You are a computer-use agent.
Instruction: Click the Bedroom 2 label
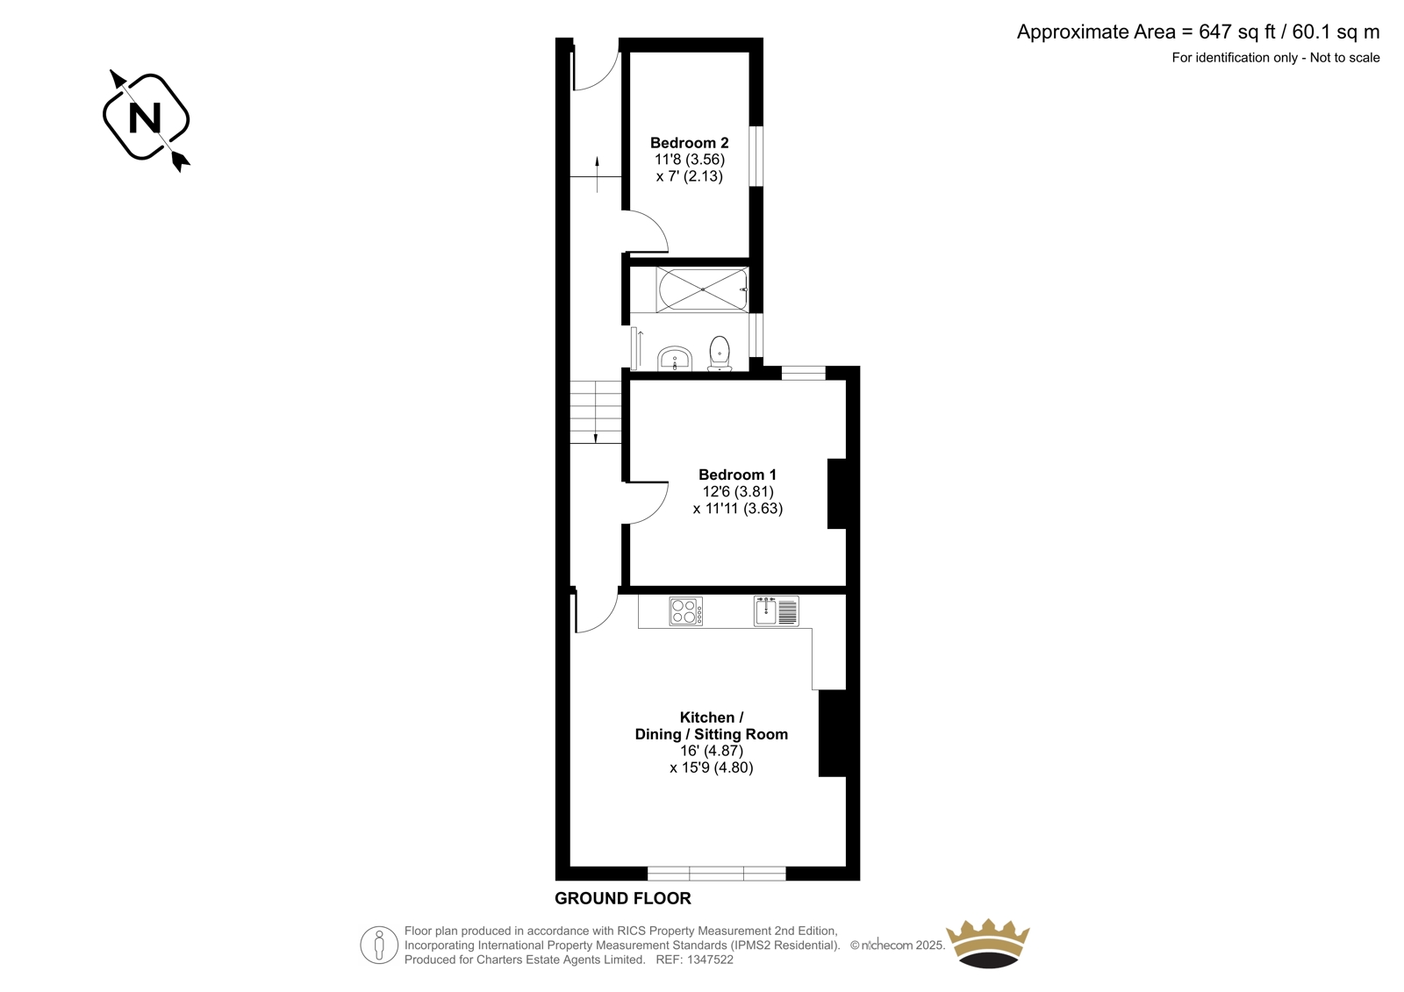[689, 143]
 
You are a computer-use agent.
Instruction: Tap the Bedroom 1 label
[737, 475]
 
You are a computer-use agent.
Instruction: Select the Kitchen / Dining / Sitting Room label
[712, 725]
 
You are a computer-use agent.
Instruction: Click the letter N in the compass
[145, 118]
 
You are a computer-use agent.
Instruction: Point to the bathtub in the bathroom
[702, 289]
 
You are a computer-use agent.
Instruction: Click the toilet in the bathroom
[720, 353]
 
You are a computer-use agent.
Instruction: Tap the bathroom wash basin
[675, 359]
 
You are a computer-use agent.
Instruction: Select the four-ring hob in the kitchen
[685, 611]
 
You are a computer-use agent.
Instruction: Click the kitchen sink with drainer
[777, 611]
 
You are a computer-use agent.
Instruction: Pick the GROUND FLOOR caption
[622, 898]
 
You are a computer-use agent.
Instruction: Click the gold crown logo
[987, 943]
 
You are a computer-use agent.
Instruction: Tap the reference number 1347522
[709, 960]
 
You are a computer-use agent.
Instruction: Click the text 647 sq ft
[1236, 32]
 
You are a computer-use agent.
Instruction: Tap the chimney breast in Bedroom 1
[837, 494]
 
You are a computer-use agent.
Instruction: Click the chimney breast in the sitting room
[833, 733]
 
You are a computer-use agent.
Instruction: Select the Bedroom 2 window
[756, 156]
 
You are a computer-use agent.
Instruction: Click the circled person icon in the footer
[378, 945]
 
